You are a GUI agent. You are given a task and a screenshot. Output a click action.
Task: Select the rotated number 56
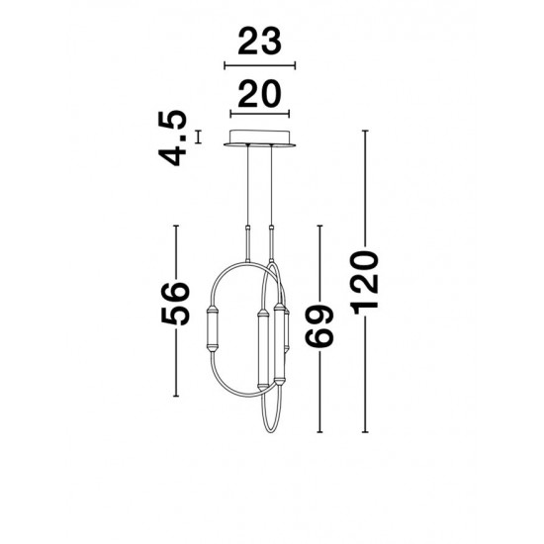176,305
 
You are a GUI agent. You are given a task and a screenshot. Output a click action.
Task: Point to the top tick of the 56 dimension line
176,227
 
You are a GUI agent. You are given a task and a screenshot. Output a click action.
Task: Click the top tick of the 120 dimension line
366,129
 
